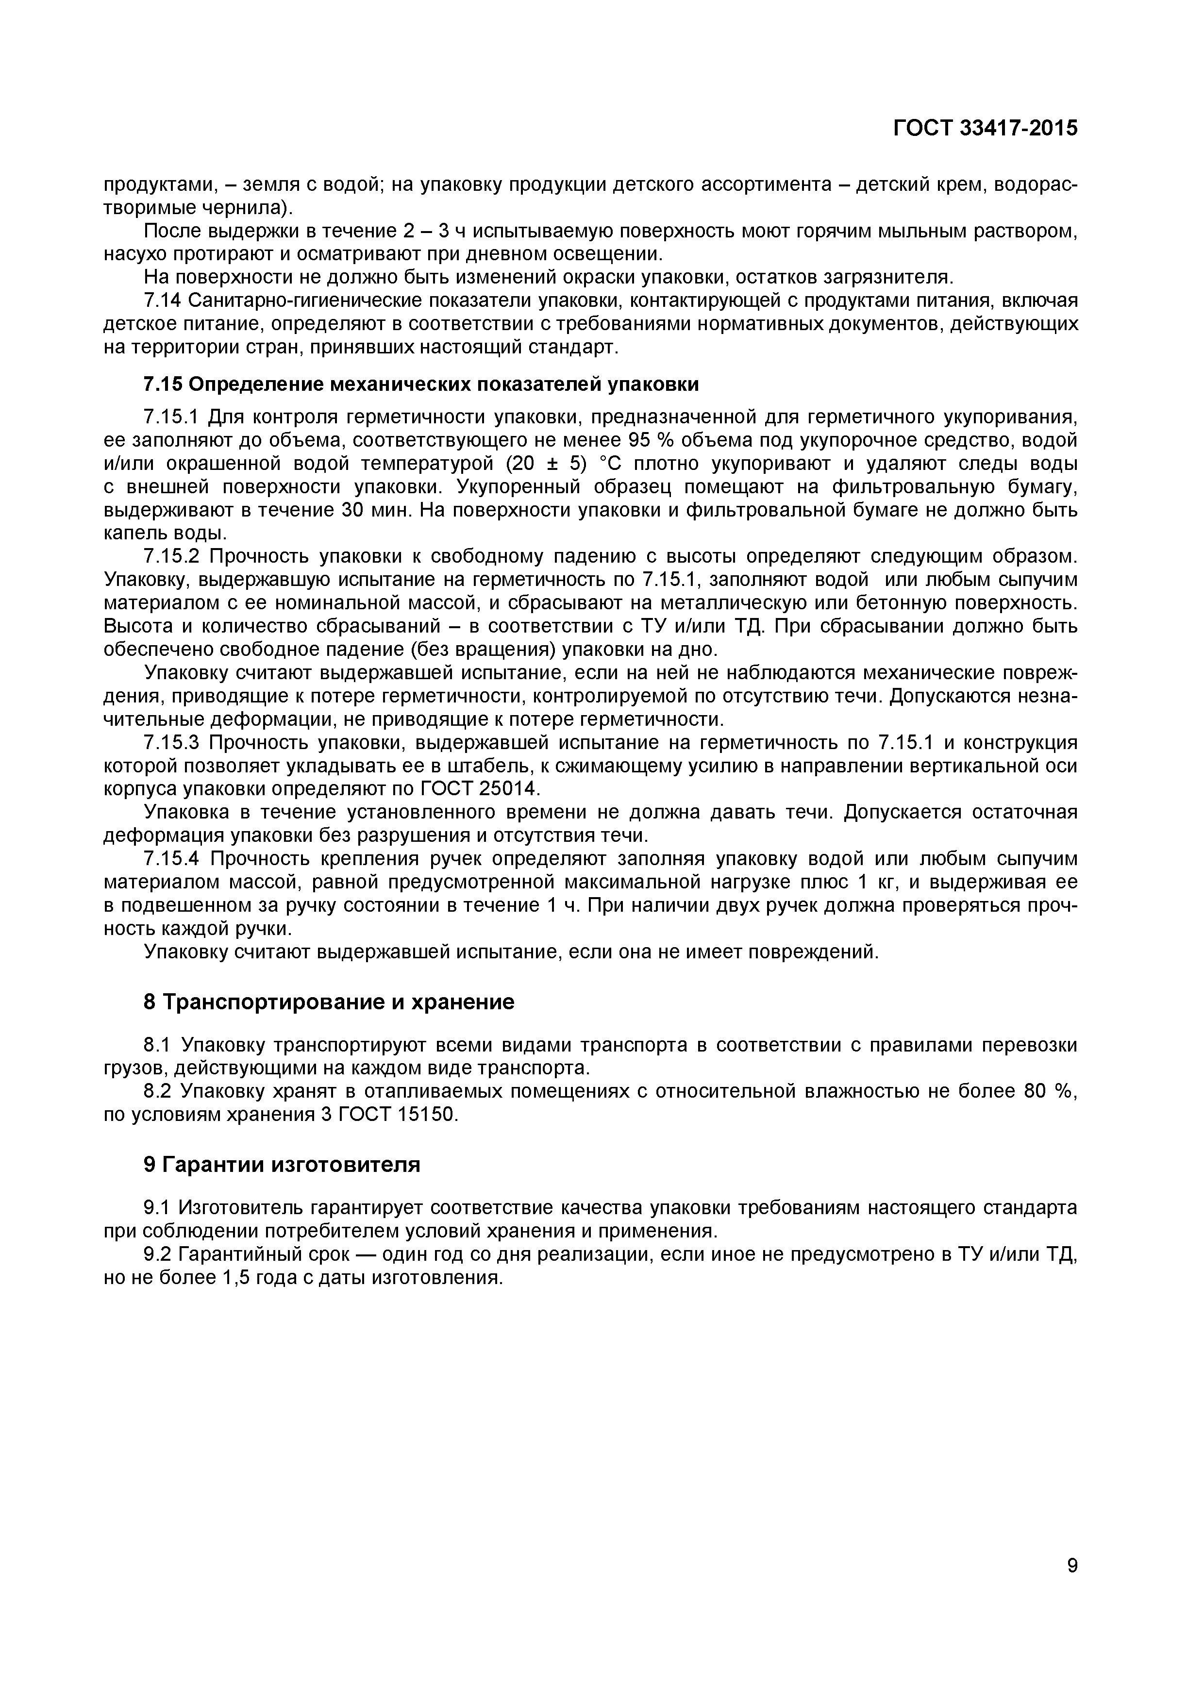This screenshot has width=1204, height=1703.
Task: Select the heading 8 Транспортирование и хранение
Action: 329,1002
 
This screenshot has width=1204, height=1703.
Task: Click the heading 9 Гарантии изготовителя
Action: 282,1165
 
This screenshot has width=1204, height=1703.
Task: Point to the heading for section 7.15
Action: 420,384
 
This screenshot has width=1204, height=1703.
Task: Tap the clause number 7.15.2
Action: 172,556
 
